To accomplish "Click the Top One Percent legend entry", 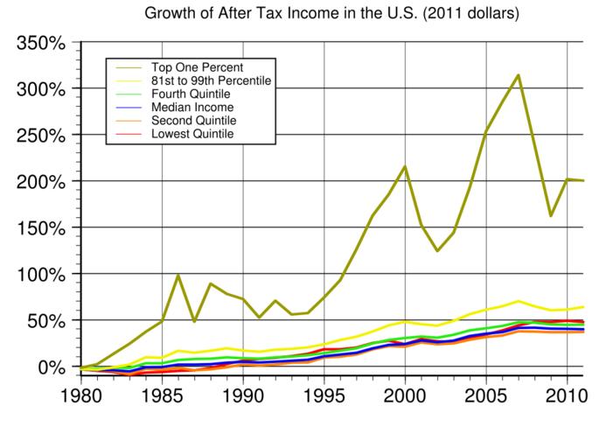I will coord(197,66).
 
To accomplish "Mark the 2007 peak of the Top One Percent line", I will coord(519,75).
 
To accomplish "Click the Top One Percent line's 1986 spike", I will coord(178,276).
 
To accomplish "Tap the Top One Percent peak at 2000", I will coord(405,166).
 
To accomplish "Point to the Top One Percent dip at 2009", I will coord(551,215).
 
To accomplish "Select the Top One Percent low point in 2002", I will coord(437,251).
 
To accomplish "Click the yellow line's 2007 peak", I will coord(519,301).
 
